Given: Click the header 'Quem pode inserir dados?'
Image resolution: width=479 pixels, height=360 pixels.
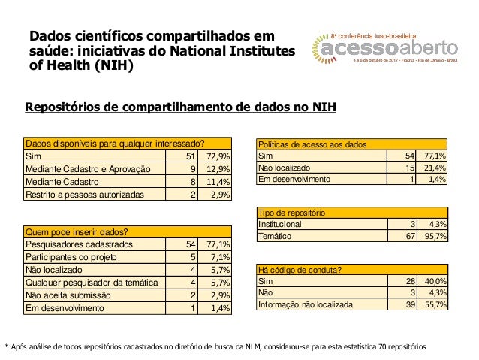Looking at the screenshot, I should (75, 231).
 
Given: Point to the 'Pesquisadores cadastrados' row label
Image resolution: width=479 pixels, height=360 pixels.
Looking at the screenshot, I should (80, 244).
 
